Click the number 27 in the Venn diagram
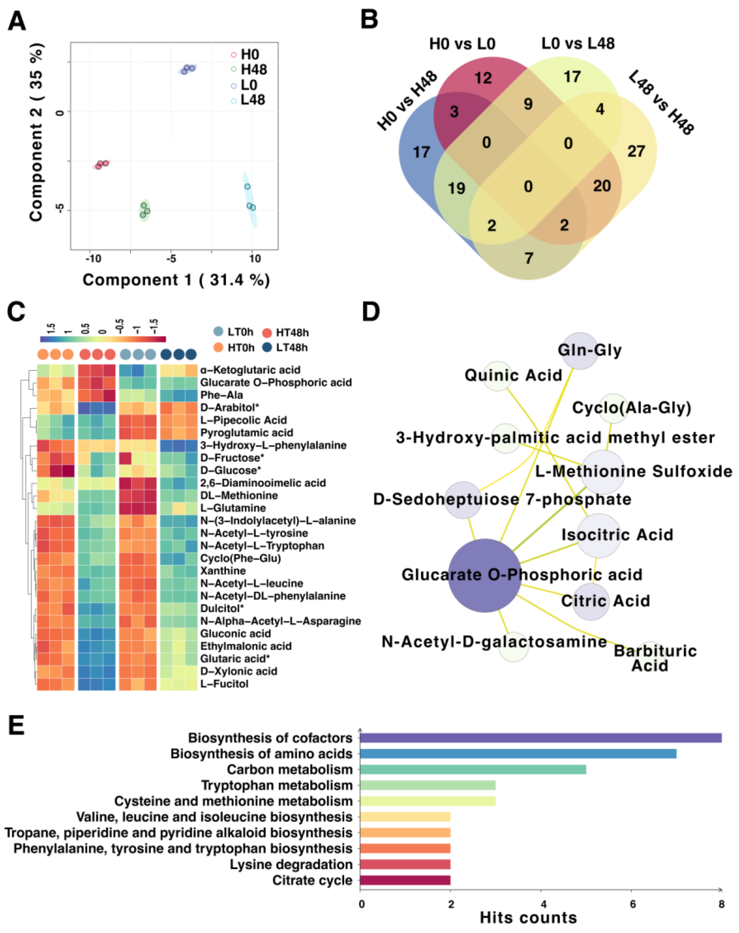pyautogui.click(x=636, y=151)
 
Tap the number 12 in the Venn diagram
pyautogui.click(x=483, y=78)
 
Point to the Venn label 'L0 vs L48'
pyautogui.click(x=578, y=44)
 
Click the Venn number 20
pyautogui.click(x=601, y=186)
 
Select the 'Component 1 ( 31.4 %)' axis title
pyautogui.click(x=176, y=280)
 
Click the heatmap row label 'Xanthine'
pyautogui.click(x=223, y=571)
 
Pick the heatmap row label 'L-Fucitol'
pyautogui.click(x=224, y=683)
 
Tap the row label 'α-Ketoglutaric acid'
pyautogui.click(x=250, y=370)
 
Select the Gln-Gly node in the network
pyautogui.click(x=580, y=351)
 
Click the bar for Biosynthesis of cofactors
pyautogui.click(x=540, y=738)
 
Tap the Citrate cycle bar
pyautogui.click(x=405, y=880)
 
